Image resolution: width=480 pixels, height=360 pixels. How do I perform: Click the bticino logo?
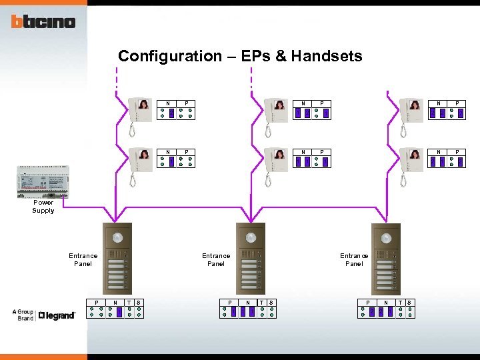coord(43,21)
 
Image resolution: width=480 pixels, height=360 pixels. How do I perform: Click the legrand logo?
coord(57,315)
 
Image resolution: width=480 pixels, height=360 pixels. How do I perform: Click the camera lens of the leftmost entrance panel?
coord(117,237)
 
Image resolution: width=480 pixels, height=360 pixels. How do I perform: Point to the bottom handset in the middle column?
coord(276,161)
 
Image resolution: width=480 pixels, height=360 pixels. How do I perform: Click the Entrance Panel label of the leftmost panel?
coord(83,259)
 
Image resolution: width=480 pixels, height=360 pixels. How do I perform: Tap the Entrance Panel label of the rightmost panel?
coord(354,259)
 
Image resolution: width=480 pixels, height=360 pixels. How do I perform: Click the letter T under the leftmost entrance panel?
coord(129,303)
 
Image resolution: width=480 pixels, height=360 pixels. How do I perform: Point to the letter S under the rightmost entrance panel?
coord(409,303)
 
